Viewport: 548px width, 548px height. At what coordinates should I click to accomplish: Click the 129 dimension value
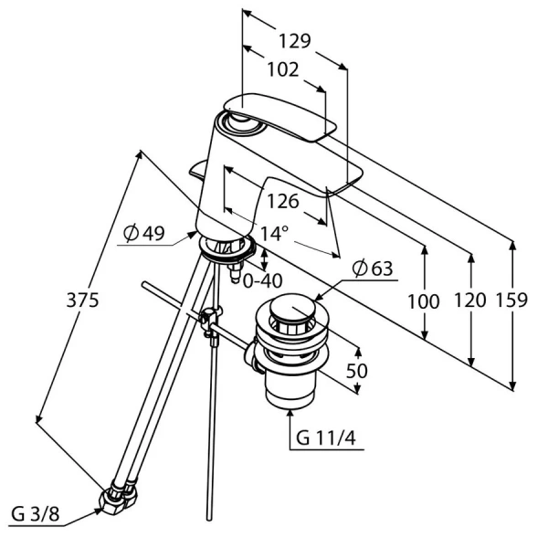tap(293, 41)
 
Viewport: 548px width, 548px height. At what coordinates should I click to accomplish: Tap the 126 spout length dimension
tap(283, 200)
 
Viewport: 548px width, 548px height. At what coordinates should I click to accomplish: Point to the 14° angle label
tap(273, 234)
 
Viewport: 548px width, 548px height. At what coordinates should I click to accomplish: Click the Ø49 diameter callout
tap(143, 234)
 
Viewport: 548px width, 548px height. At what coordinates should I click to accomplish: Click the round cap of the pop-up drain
tap(290, 311)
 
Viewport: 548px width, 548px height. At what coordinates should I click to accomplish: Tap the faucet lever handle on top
tap(283, 117)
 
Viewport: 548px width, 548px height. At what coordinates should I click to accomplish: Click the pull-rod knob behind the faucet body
tap(201, 169)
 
